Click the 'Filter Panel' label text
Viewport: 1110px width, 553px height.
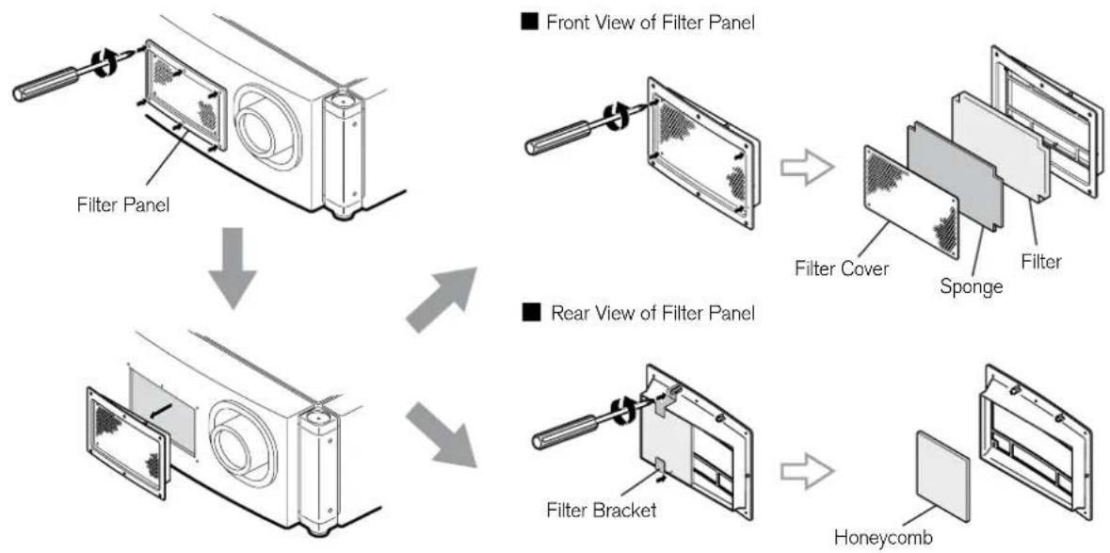point(123,205)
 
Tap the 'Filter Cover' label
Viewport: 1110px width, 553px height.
point(841,269)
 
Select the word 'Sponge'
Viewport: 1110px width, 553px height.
point(972,286)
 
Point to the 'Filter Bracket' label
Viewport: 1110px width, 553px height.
point(601,509)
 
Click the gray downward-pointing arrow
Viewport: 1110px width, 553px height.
point(233,268)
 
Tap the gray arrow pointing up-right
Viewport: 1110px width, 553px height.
point(441,300)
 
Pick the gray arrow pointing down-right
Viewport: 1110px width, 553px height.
point(441,434)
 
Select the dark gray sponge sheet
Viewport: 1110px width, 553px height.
point(954,176)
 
